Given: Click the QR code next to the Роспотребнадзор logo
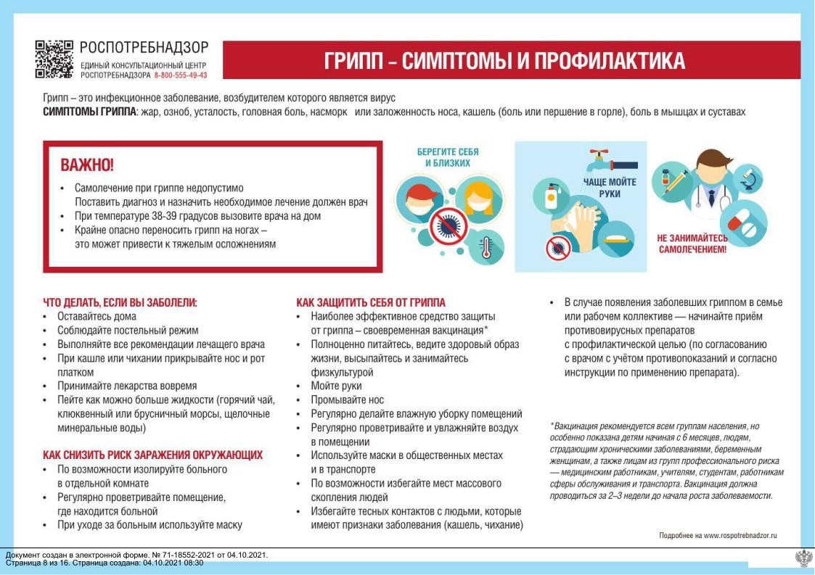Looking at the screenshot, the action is click(x=54, y=59).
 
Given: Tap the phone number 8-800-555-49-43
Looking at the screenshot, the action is click(x=181, y=75).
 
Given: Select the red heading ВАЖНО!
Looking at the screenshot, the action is click(x=87, y=165).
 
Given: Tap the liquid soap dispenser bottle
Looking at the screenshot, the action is click(x=552, y=197).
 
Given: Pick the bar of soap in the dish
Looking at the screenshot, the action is click(x=616, y=239).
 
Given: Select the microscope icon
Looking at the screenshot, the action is click(x=749, y=178).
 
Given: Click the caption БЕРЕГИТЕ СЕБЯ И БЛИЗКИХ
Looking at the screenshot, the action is click(x=448, y=157).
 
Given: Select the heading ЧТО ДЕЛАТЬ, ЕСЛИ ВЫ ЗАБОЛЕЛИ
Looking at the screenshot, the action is click(x=120, y=303).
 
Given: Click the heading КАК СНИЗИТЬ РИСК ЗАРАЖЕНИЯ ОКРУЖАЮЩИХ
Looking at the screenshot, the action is click(x=153, y=455).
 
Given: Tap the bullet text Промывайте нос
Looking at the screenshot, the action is click(x=347, y=400).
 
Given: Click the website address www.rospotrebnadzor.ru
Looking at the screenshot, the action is click(x=740, y=535).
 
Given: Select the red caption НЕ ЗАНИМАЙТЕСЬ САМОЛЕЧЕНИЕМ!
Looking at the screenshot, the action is click(x=692, y=244).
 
